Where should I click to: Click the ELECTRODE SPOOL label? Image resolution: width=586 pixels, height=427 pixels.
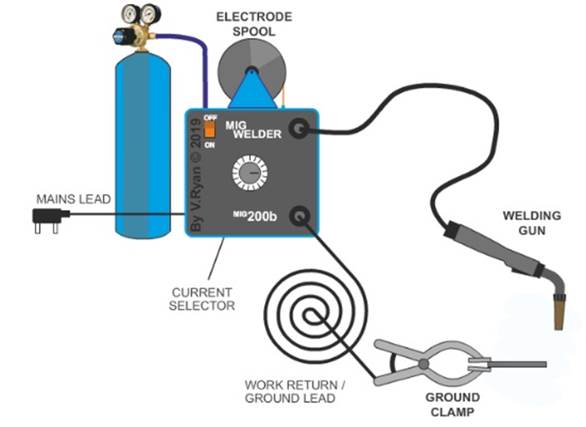(x=252, y=23)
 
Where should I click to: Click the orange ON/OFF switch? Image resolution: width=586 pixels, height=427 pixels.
(x=210, y=129)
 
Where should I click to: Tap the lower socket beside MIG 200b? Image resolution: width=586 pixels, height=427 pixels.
(x=299, y=217)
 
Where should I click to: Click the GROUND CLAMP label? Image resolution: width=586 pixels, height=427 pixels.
(x=453, y=405)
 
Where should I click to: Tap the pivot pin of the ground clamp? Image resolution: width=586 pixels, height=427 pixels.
(x=424, y=364)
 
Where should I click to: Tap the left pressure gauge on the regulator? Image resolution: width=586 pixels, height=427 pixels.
(x=129, y=13)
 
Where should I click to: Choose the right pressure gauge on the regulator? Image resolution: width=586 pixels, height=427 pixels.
(x=151, y=13)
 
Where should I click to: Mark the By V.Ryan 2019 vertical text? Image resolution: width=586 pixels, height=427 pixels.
(x=196, y=175)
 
